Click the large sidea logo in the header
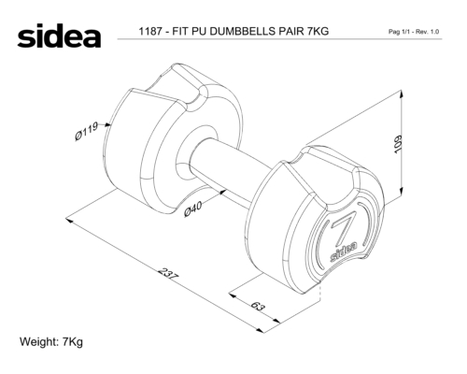59,36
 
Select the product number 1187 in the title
150,32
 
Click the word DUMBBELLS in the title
242,32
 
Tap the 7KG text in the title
318,32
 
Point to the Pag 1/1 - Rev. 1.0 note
414,32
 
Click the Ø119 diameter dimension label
86,131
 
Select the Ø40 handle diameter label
193,209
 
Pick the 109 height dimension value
398,144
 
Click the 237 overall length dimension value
168,274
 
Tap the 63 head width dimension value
258,306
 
